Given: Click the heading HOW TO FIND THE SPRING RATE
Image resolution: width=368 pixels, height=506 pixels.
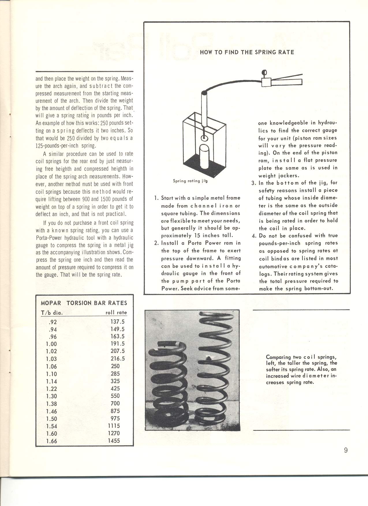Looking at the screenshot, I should [247, 52].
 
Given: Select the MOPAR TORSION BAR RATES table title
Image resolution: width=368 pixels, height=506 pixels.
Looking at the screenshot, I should [84, 303].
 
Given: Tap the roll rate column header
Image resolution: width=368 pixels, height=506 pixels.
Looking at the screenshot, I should [116, 312].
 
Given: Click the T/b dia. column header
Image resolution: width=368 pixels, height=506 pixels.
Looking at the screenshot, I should [52, 313].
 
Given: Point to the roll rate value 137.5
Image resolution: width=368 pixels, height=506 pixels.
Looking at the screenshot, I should [117, 322].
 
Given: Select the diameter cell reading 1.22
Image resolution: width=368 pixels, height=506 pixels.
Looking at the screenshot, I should [51, 389].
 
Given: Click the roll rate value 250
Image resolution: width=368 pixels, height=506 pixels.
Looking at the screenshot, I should [115, 366].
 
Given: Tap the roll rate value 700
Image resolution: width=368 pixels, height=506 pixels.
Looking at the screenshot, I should [115, 404].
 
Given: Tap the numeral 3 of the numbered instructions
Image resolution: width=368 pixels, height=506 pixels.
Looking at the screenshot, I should [254, 183].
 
